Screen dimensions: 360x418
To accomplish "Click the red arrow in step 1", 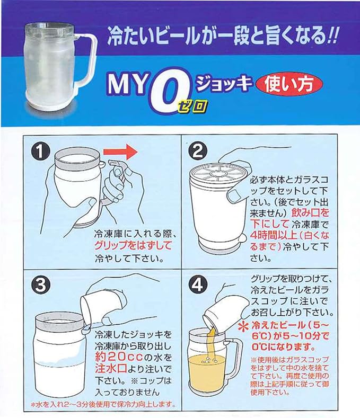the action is point(120,152).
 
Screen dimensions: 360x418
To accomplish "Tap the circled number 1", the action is point(40,152).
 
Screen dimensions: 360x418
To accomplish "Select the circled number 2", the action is point(197,152).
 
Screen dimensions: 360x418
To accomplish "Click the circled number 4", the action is point(197,284).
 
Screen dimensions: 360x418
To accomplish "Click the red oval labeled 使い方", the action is point(289,85).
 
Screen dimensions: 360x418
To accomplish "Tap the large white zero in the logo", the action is point(168,91).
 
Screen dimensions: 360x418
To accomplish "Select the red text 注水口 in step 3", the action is point(110,369).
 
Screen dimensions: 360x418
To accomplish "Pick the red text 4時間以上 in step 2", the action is point(274,235).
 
